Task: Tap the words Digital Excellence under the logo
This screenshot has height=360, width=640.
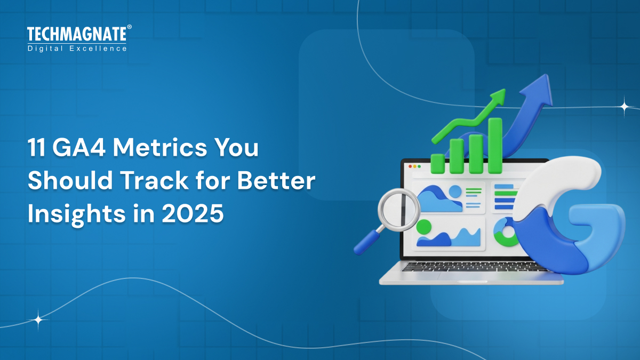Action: pyautogui.click(x=77, y=49)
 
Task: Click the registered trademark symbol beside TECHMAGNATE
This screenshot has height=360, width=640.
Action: pyautogui.click(x=129, y=27)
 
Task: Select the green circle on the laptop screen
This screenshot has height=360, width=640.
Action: pyautogui.click(x=424, y=227)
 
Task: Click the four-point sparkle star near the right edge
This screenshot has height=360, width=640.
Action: pyautogui.click(x=623, y=106)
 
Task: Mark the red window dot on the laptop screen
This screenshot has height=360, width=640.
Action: pyautogui.click(x=410, y=166)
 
